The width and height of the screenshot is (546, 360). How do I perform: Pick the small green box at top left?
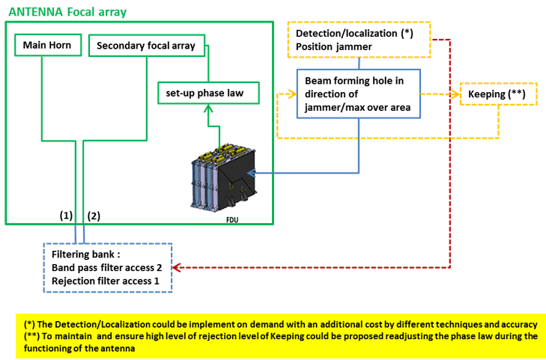48,45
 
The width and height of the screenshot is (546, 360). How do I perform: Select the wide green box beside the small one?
147,45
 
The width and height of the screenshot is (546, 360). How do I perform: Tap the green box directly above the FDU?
208,93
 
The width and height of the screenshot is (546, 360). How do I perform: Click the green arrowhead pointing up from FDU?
209,109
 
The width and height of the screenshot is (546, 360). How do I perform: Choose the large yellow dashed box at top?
360,40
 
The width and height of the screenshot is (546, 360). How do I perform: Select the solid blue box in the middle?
359,93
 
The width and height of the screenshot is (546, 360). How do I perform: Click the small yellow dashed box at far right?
498,94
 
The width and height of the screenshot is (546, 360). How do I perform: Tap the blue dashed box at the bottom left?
108,267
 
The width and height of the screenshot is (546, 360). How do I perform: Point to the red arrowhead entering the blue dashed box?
177,267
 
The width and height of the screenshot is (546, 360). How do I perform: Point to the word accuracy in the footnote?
516,325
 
